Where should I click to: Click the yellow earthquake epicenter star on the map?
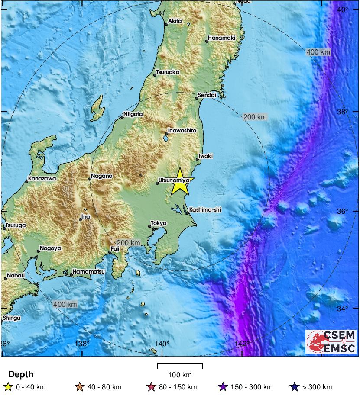pos(179,183)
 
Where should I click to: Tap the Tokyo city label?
pos(158,223)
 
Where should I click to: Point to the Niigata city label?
pos(133,114)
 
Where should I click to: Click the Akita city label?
pos(175,21)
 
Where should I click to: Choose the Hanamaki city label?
pos(221,38)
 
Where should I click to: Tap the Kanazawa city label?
pos(42,178)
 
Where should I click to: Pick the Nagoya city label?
pos(50,248)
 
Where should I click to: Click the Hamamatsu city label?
pos(88,271)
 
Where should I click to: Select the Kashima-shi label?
pos(205,209)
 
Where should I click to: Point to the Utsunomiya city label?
pos(174,179)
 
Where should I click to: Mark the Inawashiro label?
pos(182,130)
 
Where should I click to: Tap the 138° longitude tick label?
pos(82,344)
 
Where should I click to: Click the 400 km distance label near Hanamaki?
pos(318,52)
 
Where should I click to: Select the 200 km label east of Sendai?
pos(255,117)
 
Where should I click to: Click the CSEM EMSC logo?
pos(331,341)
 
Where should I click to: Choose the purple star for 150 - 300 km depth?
pos(224,387)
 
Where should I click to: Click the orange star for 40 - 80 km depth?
pos(79,387)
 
